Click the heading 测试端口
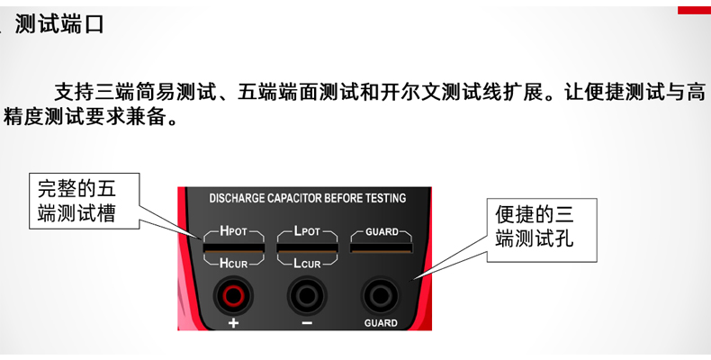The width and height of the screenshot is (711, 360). point(59,24)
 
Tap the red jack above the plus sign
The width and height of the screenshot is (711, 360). point(232,293)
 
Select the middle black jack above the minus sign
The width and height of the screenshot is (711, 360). point(307,293)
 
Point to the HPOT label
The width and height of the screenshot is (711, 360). point(233,231)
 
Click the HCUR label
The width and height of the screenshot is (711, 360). point(233,264)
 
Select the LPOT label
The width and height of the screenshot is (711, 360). point(307,231)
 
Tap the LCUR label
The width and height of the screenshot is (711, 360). point(307,264)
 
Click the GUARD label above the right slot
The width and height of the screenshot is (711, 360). point(382,232)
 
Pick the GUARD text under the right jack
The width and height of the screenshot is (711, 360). point(381,323)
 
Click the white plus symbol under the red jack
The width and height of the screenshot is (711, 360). point(232,323)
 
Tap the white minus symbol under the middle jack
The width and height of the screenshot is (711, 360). point(307,323)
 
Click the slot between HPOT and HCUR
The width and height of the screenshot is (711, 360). point(233,247)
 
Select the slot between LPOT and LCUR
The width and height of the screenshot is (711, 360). point(307,247)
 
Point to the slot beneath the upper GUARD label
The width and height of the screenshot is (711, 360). point(382,247)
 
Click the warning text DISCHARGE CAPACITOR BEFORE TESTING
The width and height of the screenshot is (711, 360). point(307,198)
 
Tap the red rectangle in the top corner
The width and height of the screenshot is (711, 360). point(694,9)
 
